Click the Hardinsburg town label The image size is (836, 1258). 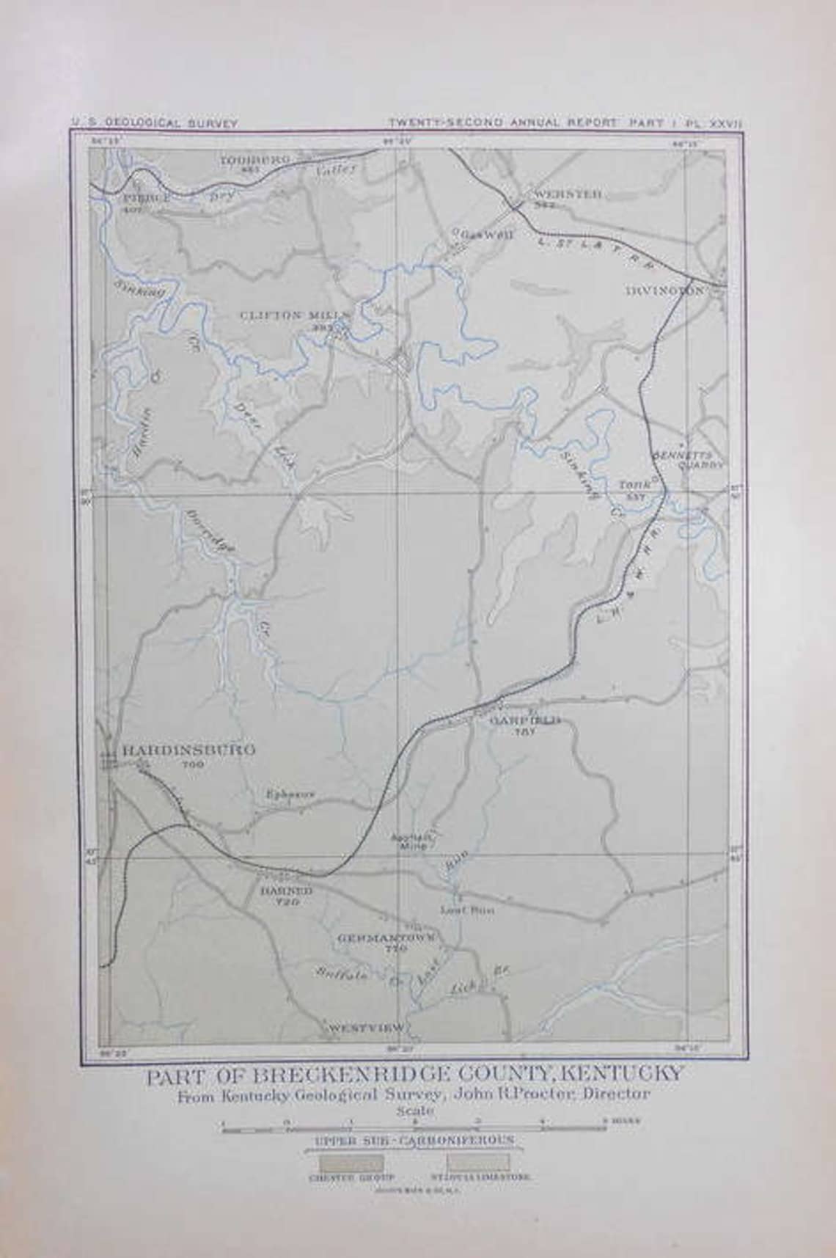click(188, 750)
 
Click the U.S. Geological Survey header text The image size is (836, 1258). click(155, 123)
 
